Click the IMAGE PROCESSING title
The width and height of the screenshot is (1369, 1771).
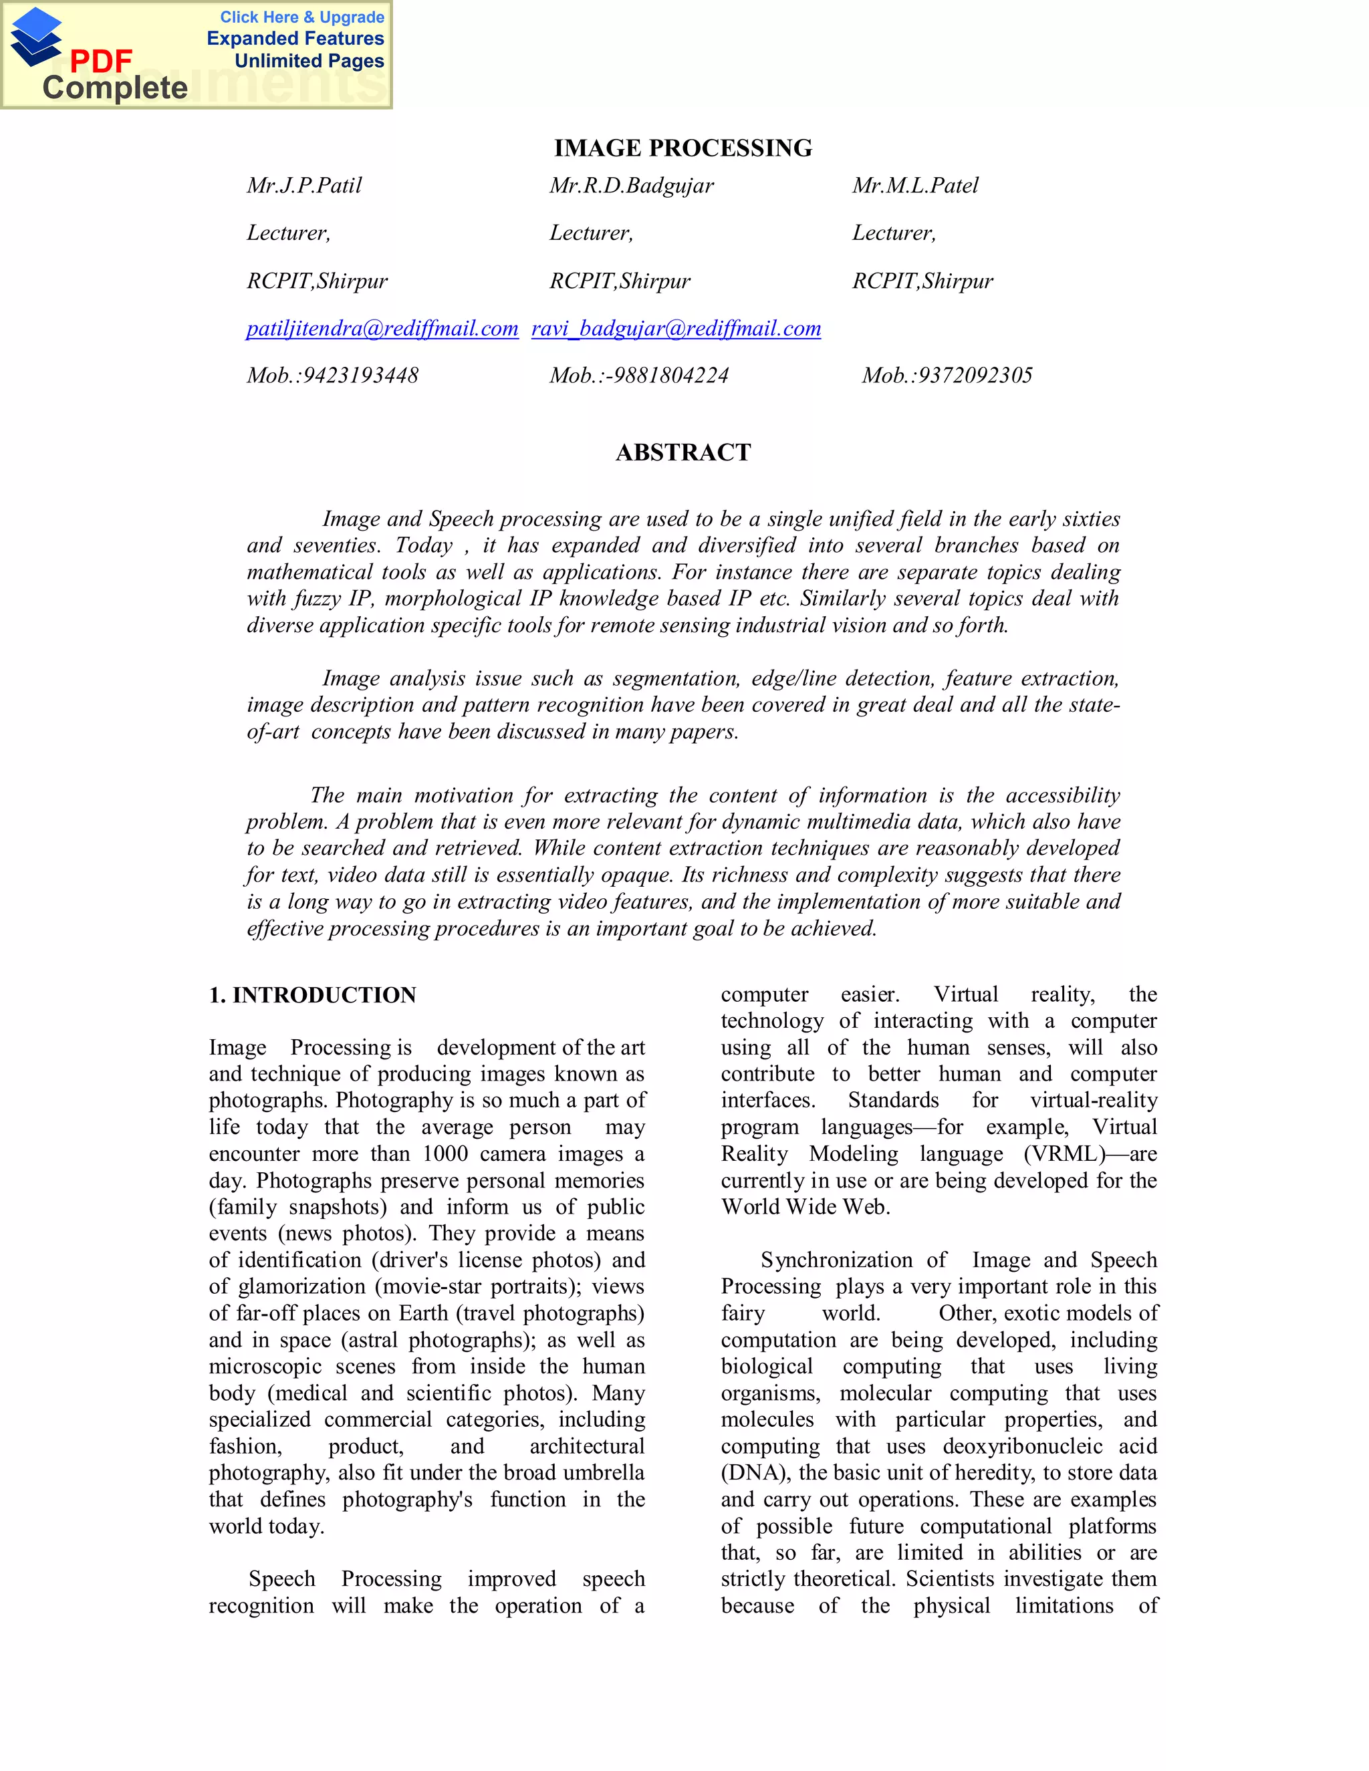click(683, 148)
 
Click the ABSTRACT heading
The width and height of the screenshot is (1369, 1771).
click(683, 452)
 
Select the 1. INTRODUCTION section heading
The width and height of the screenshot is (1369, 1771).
click(312, 995)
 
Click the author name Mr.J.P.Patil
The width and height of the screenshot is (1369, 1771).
click(304, 186)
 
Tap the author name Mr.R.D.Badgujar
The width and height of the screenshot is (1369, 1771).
click(631, 186)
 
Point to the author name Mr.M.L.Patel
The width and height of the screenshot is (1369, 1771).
click(915, 186)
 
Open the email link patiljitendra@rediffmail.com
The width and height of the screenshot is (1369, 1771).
click(382, 328)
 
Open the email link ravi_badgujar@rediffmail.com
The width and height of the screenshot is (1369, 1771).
click(676, 328)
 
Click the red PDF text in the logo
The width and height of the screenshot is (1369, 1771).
click(100, 61)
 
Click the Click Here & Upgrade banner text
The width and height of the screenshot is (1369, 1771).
click(301, 17)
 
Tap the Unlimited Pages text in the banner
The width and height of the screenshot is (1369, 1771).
click(309, 61)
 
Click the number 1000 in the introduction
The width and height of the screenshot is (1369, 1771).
click(445, 1154)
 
